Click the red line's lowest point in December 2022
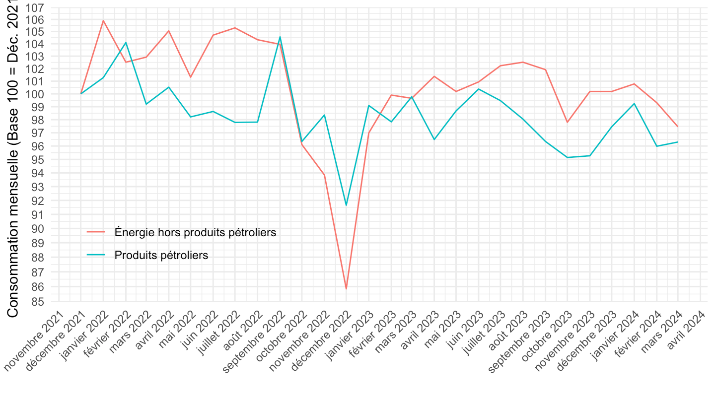(x=346, y=289)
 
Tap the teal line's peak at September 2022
(x=280, y=37)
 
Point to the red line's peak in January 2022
(x=103, y=20)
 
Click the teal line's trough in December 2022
(x=346, y=205)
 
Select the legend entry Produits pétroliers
(x=161, y=255)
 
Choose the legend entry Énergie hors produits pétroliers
(x=195, y=232)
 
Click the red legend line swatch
(x=96, y=232)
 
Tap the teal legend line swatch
(x=96, y=255)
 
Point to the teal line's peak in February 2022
(x=126, y=43)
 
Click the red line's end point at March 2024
(x=678, y=127)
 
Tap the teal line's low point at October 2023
(x=567, y=157)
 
